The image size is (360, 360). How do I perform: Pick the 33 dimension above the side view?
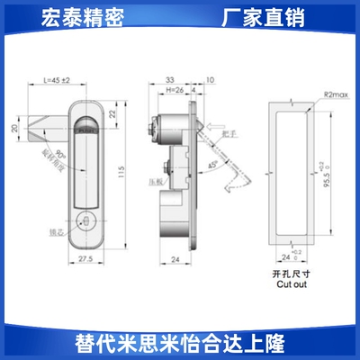pyautogui.click(x=170, y=80)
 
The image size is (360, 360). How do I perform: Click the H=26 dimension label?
pyautogui.click(x=176, y=89)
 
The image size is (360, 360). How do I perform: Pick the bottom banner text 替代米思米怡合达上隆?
pyautogui.click(x=180, y=343)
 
